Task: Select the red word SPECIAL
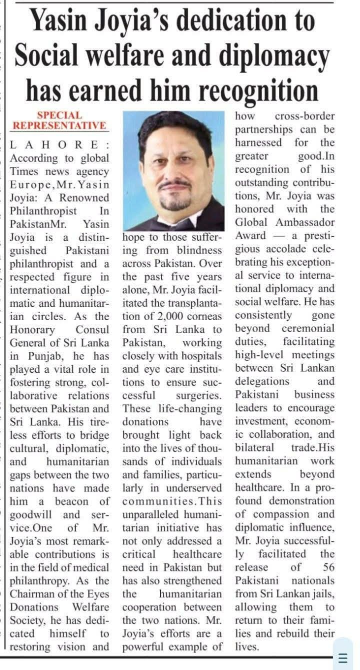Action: pos(59,115)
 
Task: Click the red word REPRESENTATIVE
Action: pos(59,126)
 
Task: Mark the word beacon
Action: pos(71,501)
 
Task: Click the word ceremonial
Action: pos(308,329)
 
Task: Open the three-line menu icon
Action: pos(343,657)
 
